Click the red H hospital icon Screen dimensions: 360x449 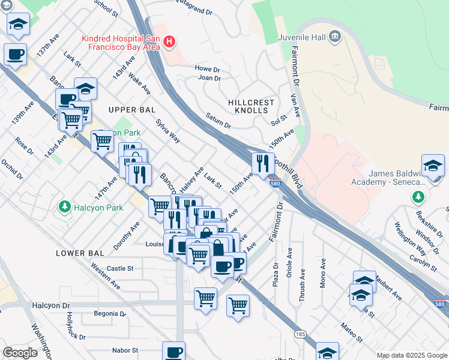click(170, 41)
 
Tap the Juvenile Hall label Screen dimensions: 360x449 click(302, 37)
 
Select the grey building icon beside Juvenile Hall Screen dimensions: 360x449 click(335, 37)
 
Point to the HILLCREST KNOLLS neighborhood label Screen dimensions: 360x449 click(251, 107)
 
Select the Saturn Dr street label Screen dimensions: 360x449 click(218, 121)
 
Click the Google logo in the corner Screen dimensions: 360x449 click(20, 353)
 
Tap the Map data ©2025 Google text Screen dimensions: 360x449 click(411, 355)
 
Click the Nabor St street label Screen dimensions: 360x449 click(125, 350)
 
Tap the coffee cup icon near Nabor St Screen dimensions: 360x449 click(173, 352)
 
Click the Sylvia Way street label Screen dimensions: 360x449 click(168, 130)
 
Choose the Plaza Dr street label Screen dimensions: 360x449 click(276, 274)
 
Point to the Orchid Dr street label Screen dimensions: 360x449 click(11, 169)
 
